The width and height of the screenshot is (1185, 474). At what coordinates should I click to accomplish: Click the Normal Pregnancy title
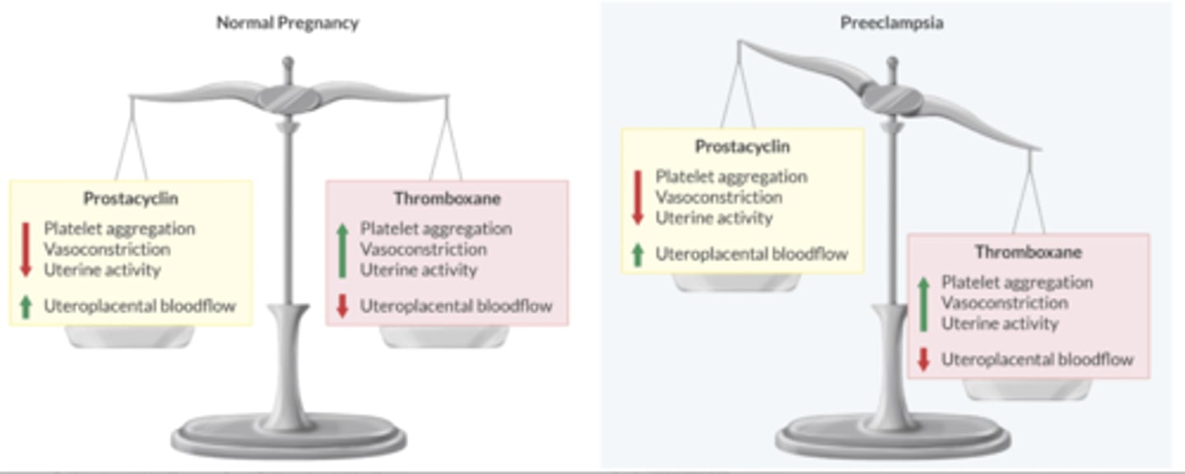(287, 23)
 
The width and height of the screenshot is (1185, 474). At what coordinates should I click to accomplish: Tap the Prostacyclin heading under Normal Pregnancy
(131, 198)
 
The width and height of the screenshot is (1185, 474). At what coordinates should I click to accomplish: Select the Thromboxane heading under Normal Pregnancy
(447, 198)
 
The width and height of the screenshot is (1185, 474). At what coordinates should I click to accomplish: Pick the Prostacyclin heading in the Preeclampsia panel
(742, 146)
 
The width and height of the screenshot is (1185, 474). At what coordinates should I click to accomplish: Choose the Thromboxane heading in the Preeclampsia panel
(1028, 252)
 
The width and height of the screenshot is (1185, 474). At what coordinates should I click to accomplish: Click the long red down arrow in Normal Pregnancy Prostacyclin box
(26, 249)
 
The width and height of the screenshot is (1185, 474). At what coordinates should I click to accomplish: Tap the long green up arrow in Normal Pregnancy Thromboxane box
(342, 249)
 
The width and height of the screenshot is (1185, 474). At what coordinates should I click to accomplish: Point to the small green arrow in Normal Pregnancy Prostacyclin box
(26, 307)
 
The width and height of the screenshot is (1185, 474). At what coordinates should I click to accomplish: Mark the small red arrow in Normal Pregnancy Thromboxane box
(342, 307)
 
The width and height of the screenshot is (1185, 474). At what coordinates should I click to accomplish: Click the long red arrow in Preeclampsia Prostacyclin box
(637, 197)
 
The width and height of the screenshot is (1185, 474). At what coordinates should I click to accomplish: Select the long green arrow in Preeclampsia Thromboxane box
(923, 303)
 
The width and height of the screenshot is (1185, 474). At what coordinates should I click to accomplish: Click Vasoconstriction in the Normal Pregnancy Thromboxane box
(423, 249)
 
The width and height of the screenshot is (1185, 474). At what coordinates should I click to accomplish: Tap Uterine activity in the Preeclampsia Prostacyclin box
(713, 218)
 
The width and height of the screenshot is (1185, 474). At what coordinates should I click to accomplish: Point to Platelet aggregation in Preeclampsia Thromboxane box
(1017, 282)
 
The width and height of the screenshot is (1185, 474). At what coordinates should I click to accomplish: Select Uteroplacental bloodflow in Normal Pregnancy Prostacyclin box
(140, 307)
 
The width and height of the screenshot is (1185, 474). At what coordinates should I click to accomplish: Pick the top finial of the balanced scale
(287, 63)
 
